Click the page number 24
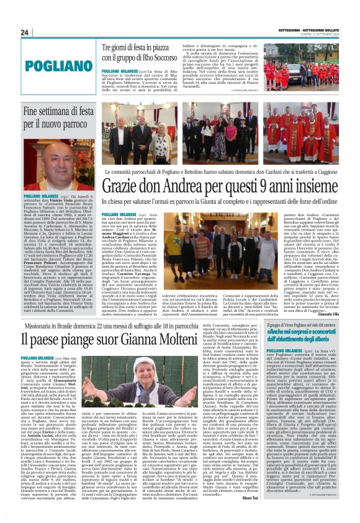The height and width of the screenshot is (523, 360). (x=25, y=32)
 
